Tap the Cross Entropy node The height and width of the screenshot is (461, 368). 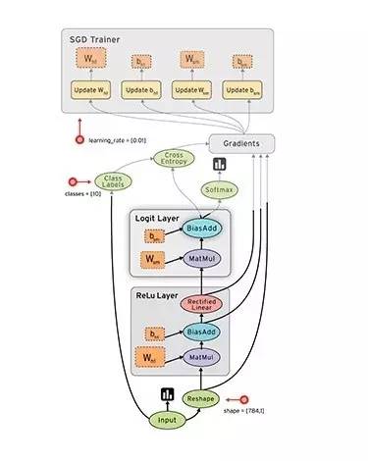pos(174,160)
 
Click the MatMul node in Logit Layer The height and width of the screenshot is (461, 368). pos(201,259)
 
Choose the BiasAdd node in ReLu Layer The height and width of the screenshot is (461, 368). pos(201,333)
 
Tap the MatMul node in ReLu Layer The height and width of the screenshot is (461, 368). pos(201,360)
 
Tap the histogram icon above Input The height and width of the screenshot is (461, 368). pos(167,395)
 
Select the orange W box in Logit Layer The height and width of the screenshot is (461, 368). pos(153,259)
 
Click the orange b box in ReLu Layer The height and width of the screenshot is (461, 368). pos(153,333)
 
